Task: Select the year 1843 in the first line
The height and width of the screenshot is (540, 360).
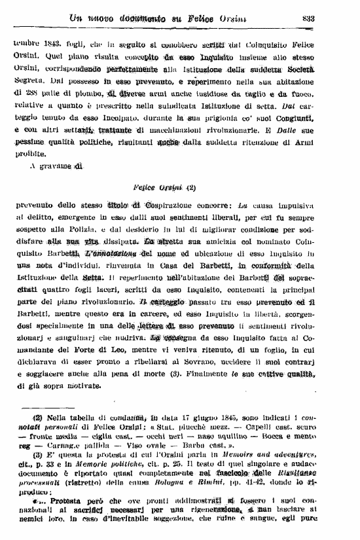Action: click(x=50, y=45)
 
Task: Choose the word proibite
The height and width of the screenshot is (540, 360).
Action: click(x=29, y=155)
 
